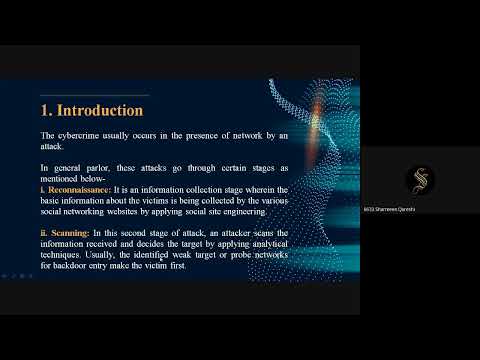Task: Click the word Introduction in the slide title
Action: (x=100, y=109)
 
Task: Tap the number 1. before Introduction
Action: (x=47, y=109)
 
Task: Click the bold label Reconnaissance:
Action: (x=79, y=188)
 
